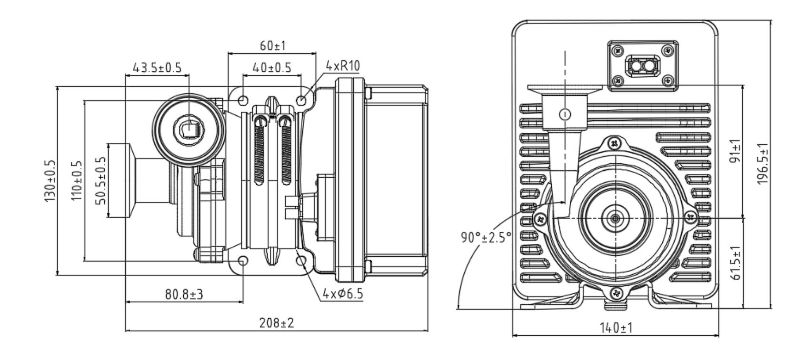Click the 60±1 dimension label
pyautogui.click(x=272, y=46)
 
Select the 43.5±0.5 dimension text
pyautogui.click(x=157, y=68)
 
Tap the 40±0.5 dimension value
pyautogui.click(x=271, y=68)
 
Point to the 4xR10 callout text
pyautogui.click(x=342, y=66)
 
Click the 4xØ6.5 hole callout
pyautogui.click(x=342, y=294)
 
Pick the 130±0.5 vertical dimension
pyautogui.click(x=50, y=181)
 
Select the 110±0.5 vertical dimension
pyautogui.click(x=76, y=181)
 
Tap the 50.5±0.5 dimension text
pyautogui.click(x=101, y=181)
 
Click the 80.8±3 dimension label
pyautogui.click(x=184, y=294)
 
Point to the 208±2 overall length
pyautogui.click(x=277, y=323)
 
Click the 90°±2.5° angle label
pyautogui.click(x=486, y=237)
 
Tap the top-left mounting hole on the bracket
pyautogui.click(x=243, y=100)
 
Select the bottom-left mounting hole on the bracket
pyautogui.click(x=243, y=261)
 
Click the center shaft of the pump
pyautogui.click(x=616, y=218)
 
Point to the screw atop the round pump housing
pyautogui.click(x=616, y=142)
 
